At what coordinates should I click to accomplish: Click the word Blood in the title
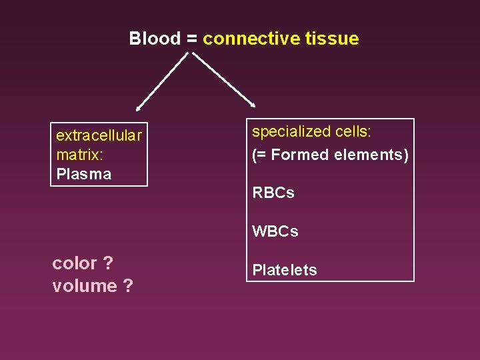pyautogui.click(x=155, y=39)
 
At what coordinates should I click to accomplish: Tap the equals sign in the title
pyautogui.click(x=191, y=39)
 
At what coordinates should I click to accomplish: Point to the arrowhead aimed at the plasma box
pyautogui.click(x=139, y=107)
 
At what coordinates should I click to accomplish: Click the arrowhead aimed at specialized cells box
pyautogui.click(x=252, y=103)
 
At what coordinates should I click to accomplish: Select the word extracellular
pyautogui.click(x=99, y=136)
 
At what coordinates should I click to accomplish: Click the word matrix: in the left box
pyautogui.click(x=79, y=155)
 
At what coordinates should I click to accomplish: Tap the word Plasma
pyautogui.click(x=84, y=175)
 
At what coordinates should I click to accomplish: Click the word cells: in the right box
pyautogui.click(x=355, y=132)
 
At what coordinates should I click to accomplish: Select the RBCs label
pyautogui.click(x=273, y=193)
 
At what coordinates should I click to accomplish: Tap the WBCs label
pyautogui.click(x=275, y=232)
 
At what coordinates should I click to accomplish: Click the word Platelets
pyautogui.click(x=285, y=270)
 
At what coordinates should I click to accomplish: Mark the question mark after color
pyautogui.click(x=108, y=264)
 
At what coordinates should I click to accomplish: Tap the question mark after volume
pyautogui.click(x=127, y=286)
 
